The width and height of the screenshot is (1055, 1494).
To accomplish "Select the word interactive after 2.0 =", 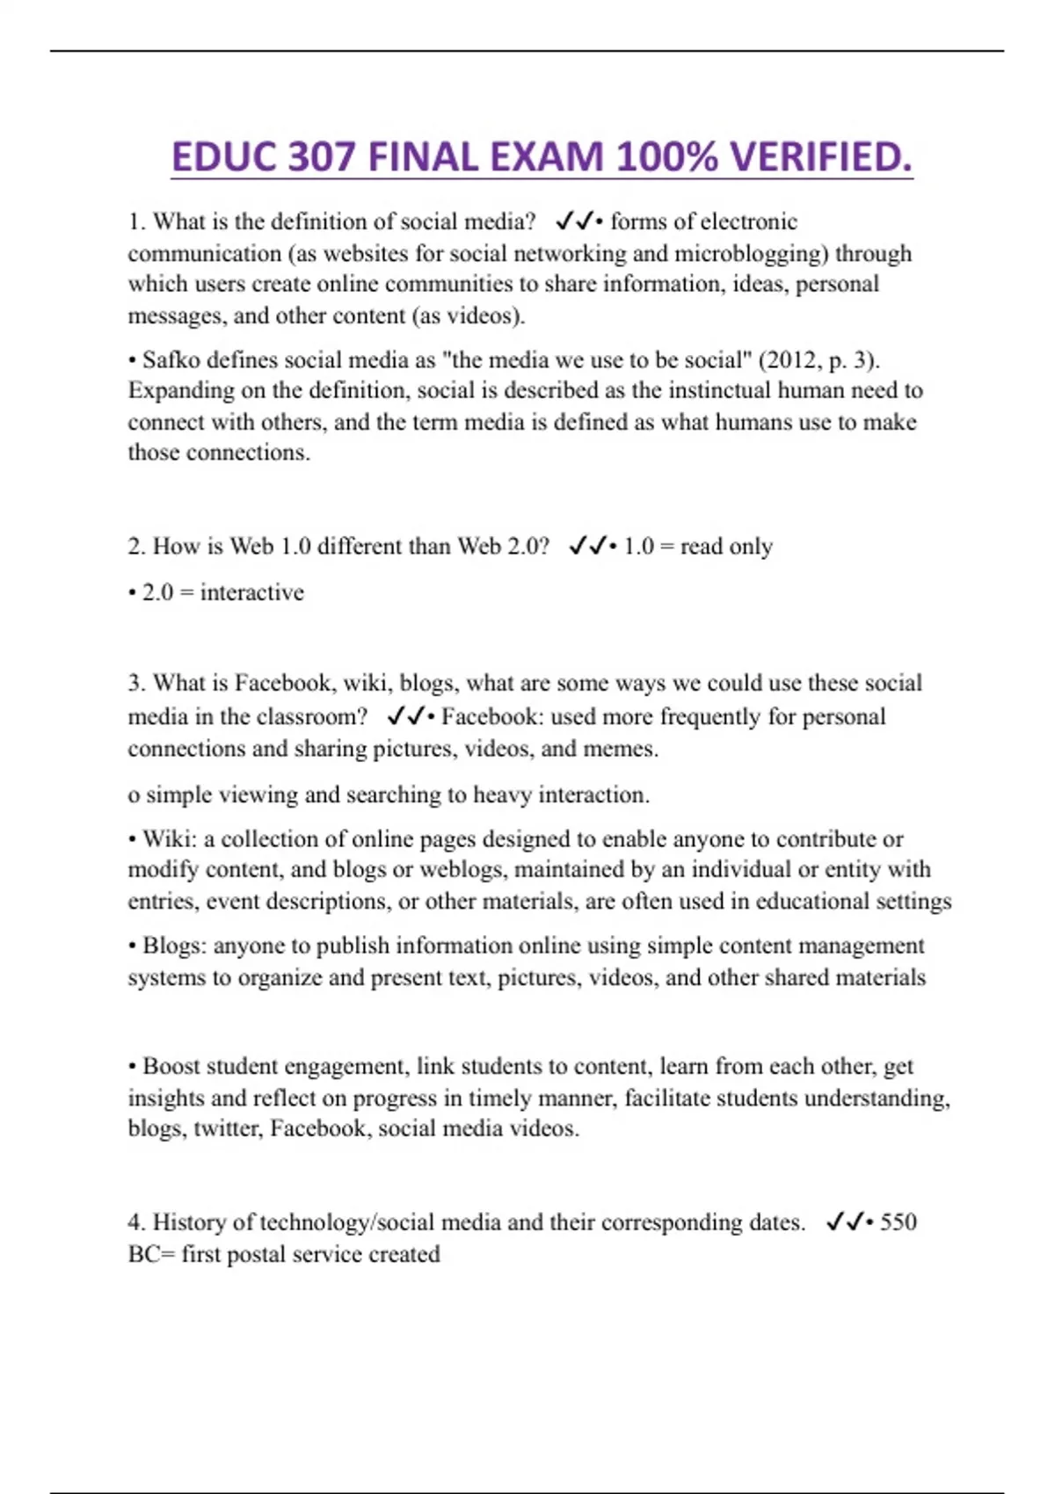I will pos(251,592).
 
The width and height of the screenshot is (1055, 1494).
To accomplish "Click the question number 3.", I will pos(135,683).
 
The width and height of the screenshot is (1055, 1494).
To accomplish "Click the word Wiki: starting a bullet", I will pos(170,839).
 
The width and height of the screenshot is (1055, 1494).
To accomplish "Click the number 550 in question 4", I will pos(898,1222).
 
